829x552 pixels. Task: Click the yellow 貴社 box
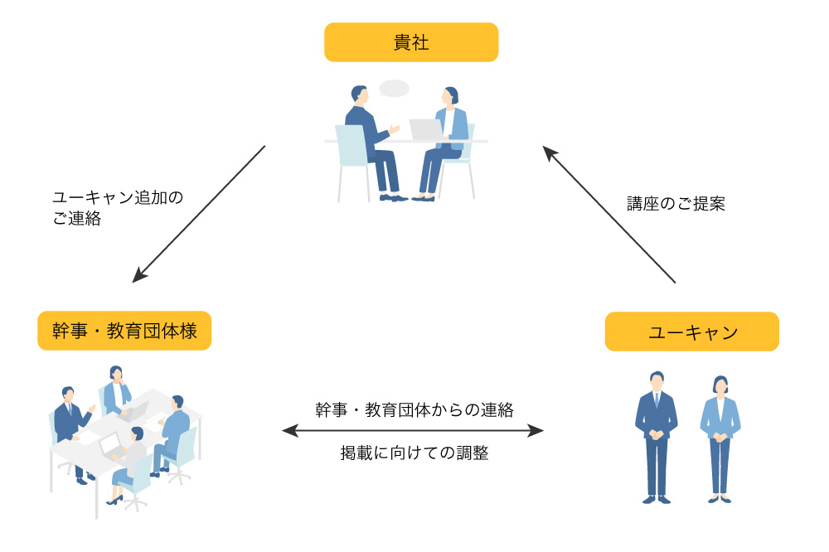tap(411, 42)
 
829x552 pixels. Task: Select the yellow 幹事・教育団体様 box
tap(124, 331)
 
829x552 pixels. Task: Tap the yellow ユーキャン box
tap(692, 332)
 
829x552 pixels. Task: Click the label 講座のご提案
tap(676, 204)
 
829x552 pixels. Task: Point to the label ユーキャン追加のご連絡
tap(117, 208)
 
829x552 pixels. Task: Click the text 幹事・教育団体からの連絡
tap(414, 409)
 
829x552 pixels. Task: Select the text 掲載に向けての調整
tap(414, 453)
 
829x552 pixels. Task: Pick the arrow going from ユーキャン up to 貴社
tap(609, 215)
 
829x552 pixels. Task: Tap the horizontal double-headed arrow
tap(413, 430)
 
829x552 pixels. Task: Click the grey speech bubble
tap(395, 88)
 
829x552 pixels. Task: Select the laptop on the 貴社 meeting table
tap(426, 130)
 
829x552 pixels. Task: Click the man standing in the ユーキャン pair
tap(656, 435)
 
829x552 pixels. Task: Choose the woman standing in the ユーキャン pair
tap(720, 438)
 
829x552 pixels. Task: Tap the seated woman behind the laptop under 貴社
tap(448, 141)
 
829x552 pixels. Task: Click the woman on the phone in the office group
tap(115, 390)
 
